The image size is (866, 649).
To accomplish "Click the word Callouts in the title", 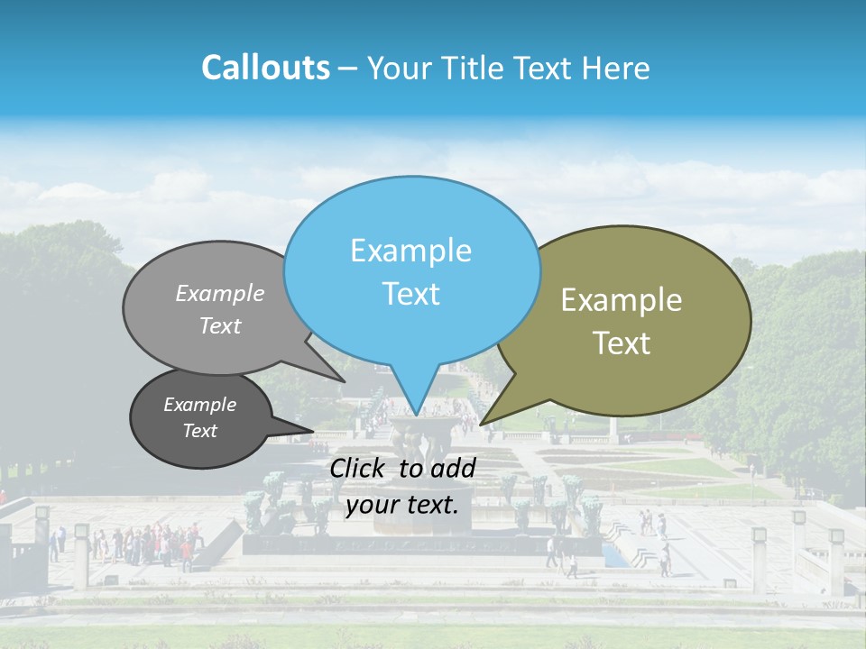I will point(265,68).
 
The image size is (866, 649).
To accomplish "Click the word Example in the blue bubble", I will point(410,250).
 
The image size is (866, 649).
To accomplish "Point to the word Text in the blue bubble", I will point(410,293).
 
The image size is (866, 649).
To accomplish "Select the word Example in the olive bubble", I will point(622,300).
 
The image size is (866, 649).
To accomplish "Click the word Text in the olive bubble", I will point(622,343).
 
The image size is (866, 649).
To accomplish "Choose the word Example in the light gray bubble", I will point(220,293).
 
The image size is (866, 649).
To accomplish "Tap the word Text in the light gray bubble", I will point(220,325).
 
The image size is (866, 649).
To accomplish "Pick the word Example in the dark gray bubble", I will point(199,405).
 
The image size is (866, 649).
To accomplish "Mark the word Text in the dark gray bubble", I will point(199,431).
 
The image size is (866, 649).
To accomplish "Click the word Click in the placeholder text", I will point(359,468).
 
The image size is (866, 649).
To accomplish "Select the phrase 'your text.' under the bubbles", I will point(402,505).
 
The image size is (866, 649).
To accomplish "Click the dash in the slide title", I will point(348,68).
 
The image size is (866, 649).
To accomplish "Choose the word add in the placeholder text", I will point(454,468).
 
